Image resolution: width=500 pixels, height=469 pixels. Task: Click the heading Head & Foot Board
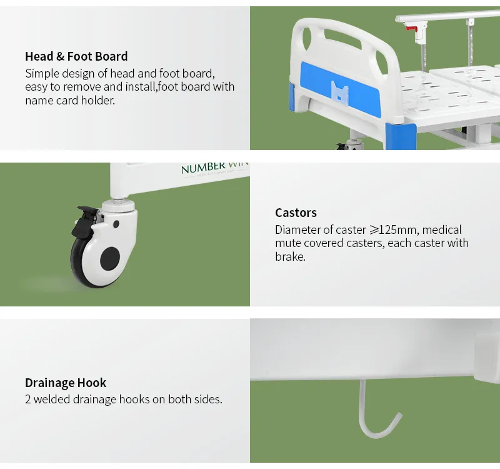pyautogui.click(x=76, y=56)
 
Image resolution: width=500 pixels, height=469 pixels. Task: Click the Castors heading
pyautogui.click(x=296, y=213)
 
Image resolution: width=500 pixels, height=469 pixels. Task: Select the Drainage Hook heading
pyautogui.click(x=66, y=383)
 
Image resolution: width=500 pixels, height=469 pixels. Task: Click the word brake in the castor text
pyautogui.click(x=289, y=256)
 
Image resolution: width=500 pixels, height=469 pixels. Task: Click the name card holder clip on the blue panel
pyautogui.click(x=340, y=92)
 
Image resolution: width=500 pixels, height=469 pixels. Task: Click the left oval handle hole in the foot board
pyautogui.click(x=304, y=41)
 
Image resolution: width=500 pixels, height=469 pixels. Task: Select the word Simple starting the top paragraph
pyautogui.click(x=42, y=73)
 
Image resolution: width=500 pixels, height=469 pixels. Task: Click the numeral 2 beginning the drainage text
pyautogui.click(x=28, y=399)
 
